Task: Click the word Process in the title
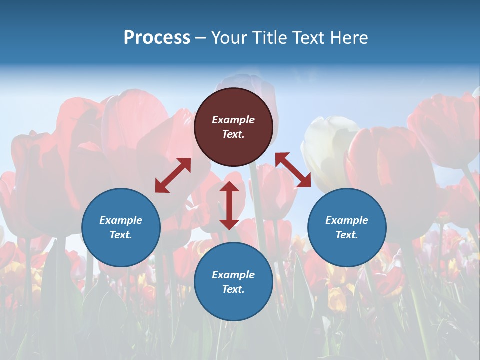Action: (157, 38)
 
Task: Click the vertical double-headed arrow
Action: (229, 205)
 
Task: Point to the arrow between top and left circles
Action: (173, 175)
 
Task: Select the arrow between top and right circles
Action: (293, 170)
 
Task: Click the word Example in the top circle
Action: (233, 120)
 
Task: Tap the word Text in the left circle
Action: (121, 235)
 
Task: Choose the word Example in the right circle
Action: (347, 220)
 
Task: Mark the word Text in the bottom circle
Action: (233, 289)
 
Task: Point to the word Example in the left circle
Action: (121, 220)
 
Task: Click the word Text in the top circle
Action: (233, 134)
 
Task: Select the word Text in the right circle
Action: (347, 235)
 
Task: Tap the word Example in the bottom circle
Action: (233, 275)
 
